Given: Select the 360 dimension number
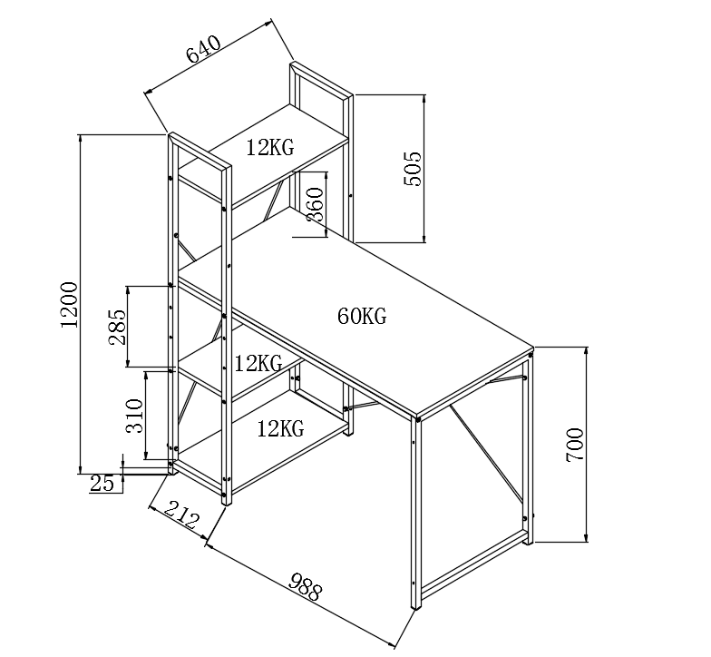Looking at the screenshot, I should (315, 206).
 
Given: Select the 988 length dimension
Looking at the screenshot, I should (305, 587).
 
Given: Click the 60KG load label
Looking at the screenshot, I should (362, 317).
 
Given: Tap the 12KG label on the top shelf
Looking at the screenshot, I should (269, 148).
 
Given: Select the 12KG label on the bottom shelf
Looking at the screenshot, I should (279, 427).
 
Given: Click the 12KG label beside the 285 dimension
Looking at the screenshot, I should (258, 364).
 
